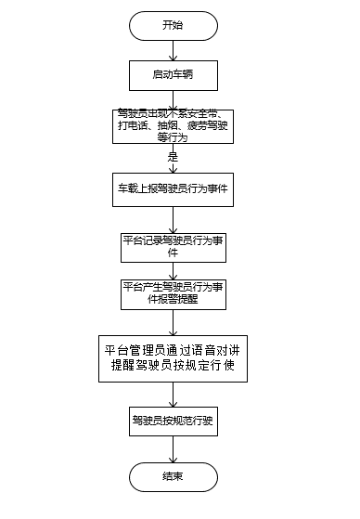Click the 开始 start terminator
pos(173,25)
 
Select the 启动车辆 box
pos(173,71)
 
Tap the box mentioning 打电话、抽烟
pos(173,124)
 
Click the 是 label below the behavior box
pos(173,158)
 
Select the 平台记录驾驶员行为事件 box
pos(173,245)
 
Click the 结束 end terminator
pos(173,476)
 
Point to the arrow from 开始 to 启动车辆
pos(173,49)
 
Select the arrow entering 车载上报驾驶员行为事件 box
pos(173,167)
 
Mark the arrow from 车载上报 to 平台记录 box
pos(173,217)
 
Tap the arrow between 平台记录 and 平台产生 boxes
pos(173,269)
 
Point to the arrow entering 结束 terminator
pos(173,448)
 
